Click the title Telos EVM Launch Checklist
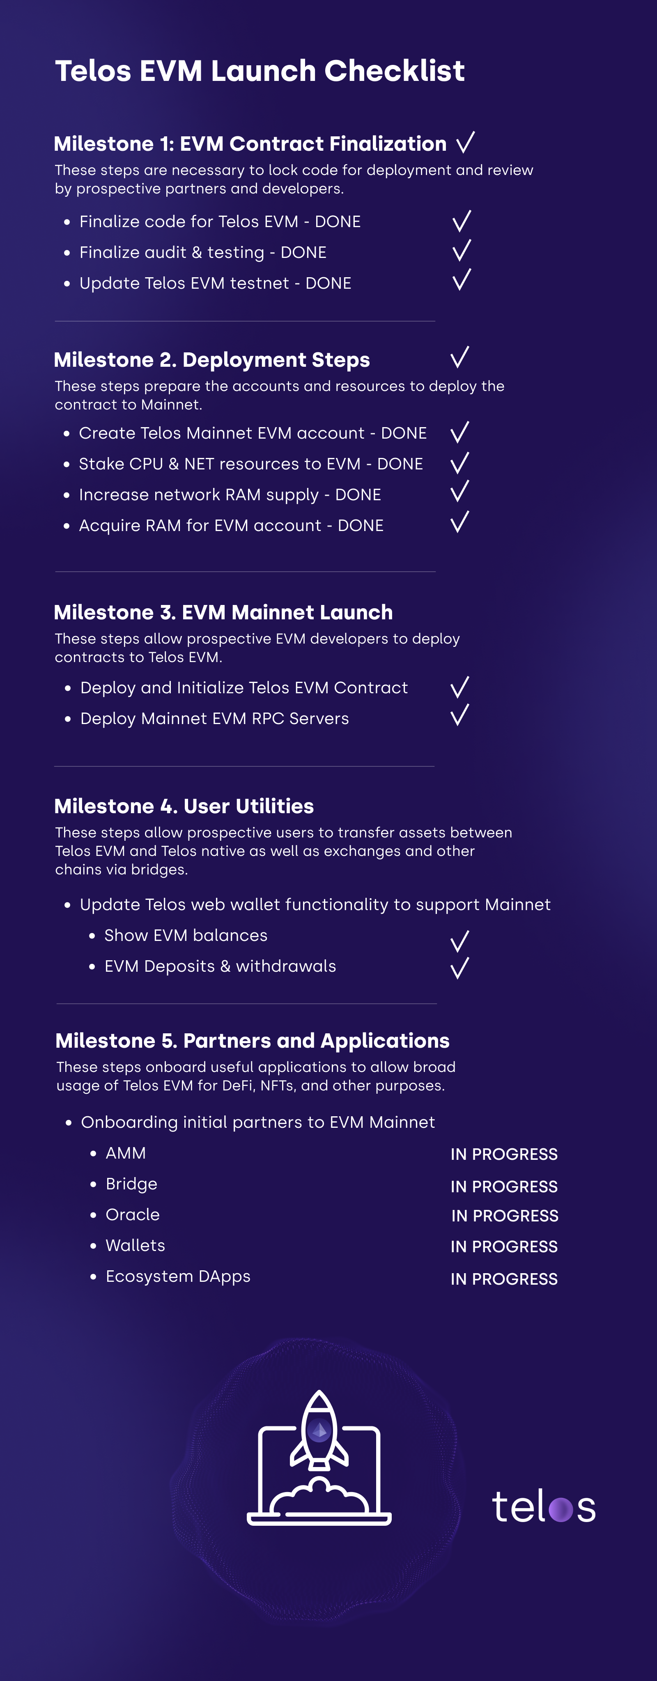tap(260, 71)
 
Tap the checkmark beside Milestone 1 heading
tap(465, 142)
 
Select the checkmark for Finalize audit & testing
tap(461, 250)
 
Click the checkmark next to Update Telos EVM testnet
tap(461, 280)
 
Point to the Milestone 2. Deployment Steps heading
tap(212, 359)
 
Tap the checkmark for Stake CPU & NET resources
tap(460, 463)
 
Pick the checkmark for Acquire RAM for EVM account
tap(460, 522)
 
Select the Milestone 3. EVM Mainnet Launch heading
tap(223, 612)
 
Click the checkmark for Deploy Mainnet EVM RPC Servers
tap(460, 715)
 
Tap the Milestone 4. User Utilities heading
tap(184, 806)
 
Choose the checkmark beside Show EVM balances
tap(460, 942)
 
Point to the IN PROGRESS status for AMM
tap(504, 1154)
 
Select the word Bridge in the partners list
tap(132, 1184)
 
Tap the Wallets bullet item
tap(136, 1245)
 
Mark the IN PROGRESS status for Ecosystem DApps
tap(504, 1279)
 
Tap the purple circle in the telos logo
tap(561, 1509)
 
